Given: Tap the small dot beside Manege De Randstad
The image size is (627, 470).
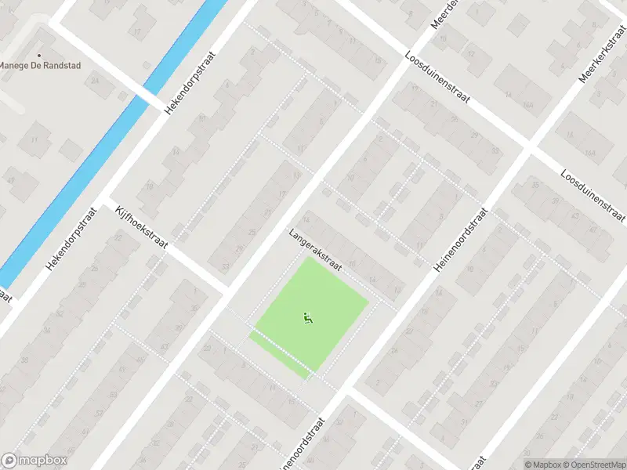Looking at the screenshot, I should coord(2,65).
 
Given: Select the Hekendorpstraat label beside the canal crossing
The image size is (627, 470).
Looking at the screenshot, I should coord(190,79).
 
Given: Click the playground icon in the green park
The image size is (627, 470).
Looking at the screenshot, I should coord(307,317).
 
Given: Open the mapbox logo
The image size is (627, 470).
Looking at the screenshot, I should coord(34,461).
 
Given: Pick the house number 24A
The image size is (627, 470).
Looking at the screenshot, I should coord(96,80).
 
